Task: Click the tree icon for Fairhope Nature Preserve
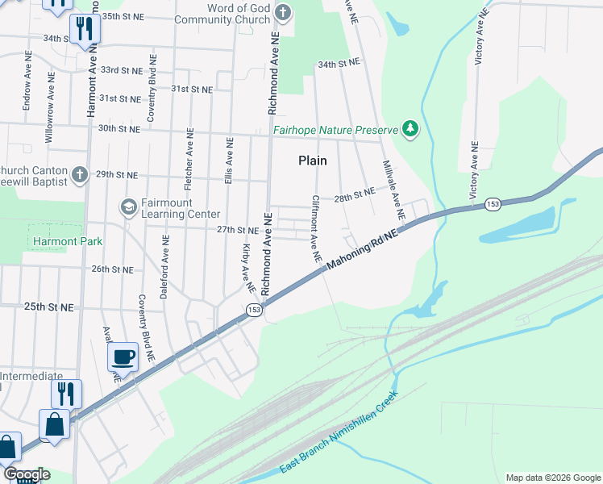410,129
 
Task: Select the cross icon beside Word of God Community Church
282,12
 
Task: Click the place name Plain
313,161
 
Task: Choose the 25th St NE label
48,307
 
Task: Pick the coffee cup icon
123,356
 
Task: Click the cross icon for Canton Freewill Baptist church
79,174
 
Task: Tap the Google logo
27,474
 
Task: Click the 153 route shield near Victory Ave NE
493,206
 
